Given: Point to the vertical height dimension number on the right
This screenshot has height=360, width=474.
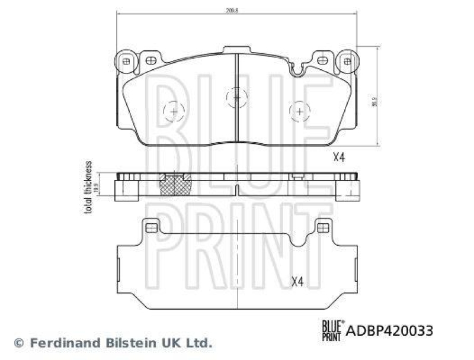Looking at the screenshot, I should (x=373, y=102).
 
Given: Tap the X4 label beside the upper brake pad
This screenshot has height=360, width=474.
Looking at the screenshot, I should (x=338, y=157).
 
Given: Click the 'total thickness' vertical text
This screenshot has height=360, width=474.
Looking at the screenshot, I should (x=89, y=187).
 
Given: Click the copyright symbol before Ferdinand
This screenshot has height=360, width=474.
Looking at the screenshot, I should (x=18, y=343).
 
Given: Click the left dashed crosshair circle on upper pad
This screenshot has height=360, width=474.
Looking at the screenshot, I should (x=174, y=111).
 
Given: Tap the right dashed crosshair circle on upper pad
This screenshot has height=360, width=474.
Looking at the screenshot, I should (x=300, y=111).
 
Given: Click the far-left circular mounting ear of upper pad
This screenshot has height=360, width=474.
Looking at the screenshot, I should (x=125, y=60).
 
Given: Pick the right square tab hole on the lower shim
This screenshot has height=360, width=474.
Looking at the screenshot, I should (x=323, y=227).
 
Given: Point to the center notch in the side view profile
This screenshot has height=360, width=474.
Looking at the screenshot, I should (x=236, y=191).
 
